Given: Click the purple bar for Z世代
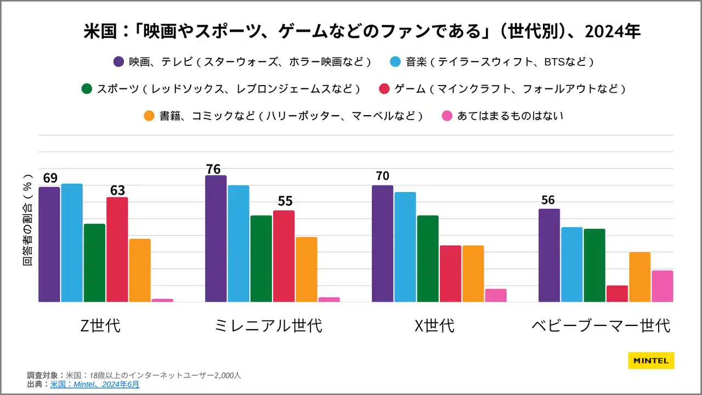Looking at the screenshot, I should [49, 245].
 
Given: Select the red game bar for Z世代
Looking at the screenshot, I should [117, 250].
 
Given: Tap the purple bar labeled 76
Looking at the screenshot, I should [216, 239].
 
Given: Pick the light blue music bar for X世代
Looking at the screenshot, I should [405, 247].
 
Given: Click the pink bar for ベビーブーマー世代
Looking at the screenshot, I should [662, 286].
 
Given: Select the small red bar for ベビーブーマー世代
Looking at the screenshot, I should [617, 294].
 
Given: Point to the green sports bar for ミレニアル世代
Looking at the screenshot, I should [261, 258].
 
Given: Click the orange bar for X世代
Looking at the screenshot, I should [473, 273].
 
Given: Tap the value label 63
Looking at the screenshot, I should [117, 190].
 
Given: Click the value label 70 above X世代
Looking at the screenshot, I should [383, 176].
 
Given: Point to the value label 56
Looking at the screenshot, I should [548, 200].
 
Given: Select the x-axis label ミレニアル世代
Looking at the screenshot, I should [269, 325].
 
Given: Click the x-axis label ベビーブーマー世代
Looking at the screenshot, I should [601, 325].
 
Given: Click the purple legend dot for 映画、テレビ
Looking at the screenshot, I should [118, 62].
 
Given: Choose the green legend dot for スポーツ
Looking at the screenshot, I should [86, 89].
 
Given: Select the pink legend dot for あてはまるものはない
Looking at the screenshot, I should [447, 116].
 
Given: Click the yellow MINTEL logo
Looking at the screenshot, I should [651, 360].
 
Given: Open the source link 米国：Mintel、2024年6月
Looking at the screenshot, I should [94, 385].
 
